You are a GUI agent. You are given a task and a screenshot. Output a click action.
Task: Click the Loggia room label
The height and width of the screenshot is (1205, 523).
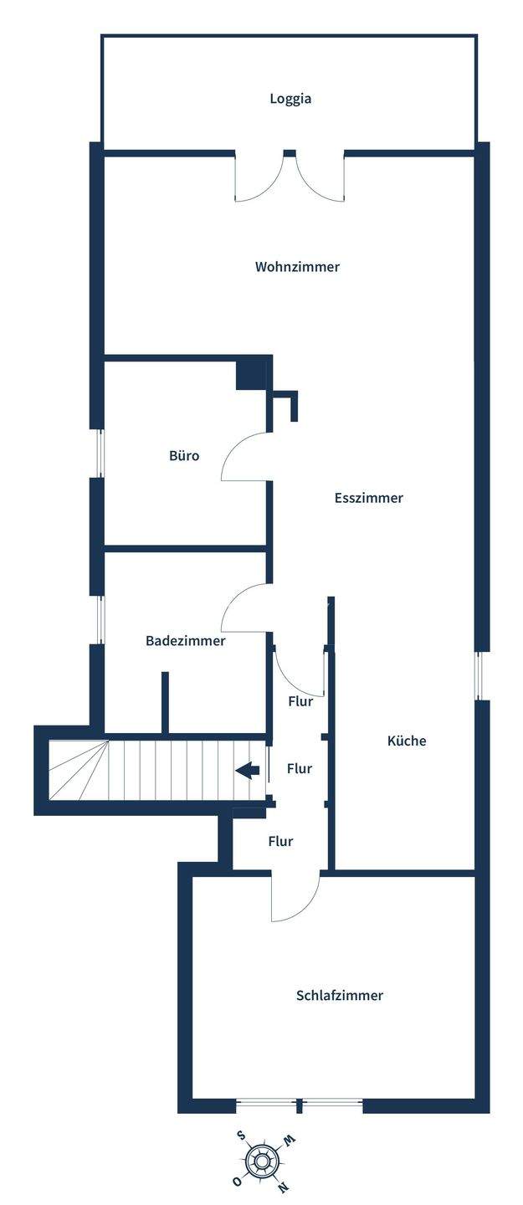click(290, 99)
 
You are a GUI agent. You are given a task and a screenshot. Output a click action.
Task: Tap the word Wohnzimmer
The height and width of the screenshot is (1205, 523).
click(297, 267)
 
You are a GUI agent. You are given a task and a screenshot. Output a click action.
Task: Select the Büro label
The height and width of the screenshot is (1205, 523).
click(184, 456)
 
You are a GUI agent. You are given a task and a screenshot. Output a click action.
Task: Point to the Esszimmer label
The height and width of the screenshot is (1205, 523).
click(368, 498)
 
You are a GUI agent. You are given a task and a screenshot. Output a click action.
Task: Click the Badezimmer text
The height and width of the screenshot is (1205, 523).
click(185, 641)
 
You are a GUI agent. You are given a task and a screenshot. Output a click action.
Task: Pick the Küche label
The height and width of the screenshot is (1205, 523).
click(407, 741)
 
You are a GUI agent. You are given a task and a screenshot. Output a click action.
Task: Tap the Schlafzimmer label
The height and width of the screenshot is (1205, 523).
click(339, 996)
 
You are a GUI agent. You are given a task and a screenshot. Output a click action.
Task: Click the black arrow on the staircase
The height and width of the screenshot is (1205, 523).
click(247, 770)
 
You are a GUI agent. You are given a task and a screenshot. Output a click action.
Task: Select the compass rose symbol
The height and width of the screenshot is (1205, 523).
click(263, 1161)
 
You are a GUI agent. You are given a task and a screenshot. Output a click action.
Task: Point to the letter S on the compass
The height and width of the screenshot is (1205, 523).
click(241, 1136)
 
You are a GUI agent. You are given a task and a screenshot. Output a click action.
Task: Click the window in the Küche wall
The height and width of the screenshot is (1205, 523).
click(479, 675)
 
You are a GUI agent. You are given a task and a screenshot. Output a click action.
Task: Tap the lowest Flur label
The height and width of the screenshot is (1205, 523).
click(280, 841)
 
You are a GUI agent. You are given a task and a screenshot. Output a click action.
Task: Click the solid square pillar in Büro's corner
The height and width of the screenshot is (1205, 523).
click(250, 374)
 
